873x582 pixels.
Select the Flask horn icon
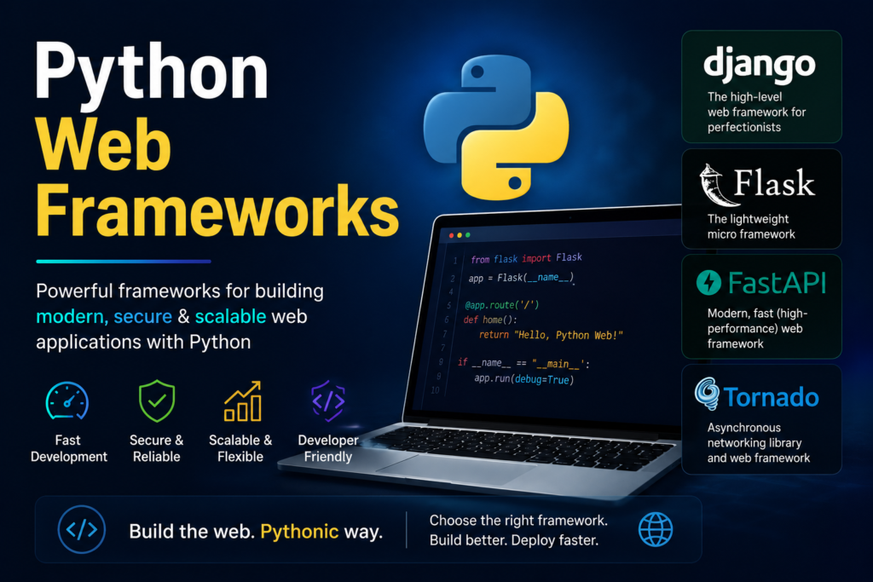coord(713,185)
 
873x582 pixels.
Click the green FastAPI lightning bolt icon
coord(708,282)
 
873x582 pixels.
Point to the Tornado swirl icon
coord(707,394)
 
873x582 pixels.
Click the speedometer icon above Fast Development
coord(66,400)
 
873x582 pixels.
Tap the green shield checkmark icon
coord(157,400)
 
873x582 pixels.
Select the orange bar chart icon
coord(242,400)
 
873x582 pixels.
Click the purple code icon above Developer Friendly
coord(328,400)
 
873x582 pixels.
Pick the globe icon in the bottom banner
coord(656,529)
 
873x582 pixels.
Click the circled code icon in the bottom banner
coord(82,529)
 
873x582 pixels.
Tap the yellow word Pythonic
coord(299,532)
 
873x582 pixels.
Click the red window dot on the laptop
coord(451,235)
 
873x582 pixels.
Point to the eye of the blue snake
coord(477,72)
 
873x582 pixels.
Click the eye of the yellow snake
coord(515,182)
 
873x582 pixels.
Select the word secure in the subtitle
coord(142,317)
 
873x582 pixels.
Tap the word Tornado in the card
coord(771,397)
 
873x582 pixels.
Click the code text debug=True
coord(542,379)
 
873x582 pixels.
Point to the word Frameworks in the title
coord(217,211)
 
